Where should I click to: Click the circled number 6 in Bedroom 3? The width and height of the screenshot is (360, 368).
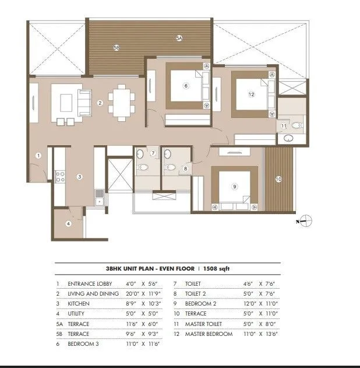[x=186, y=86]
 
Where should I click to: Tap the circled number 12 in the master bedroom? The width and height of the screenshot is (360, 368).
[x=252, y=94]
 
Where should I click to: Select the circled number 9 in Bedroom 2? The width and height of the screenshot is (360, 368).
[x=234, y=187]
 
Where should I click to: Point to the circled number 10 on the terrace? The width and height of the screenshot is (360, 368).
[x=278, y=179]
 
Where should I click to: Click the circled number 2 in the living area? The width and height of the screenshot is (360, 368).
[x=100, y=103]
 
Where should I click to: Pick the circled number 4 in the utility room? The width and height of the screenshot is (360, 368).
[x=68, y=223]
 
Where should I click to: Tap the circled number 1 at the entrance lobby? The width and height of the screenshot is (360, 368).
[x=38, y=155]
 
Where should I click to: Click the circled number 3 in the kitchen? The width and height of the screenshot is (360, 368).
[x=80, y=176]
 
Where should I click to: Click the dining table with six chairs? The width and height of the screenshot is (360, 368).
[x=121, y=103]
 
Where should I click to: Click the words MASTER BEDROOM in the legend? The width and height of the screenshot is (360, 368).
[x=209, y=334]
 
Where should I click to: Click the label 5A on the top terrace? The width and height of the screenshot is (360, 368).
[x=179, y=38]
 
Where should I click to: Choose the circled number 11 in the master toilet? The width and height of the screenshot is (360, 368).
[x=284, y=125]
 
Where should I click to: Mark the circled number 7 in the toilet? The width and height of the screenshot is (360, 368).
[x=153, y=153]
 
